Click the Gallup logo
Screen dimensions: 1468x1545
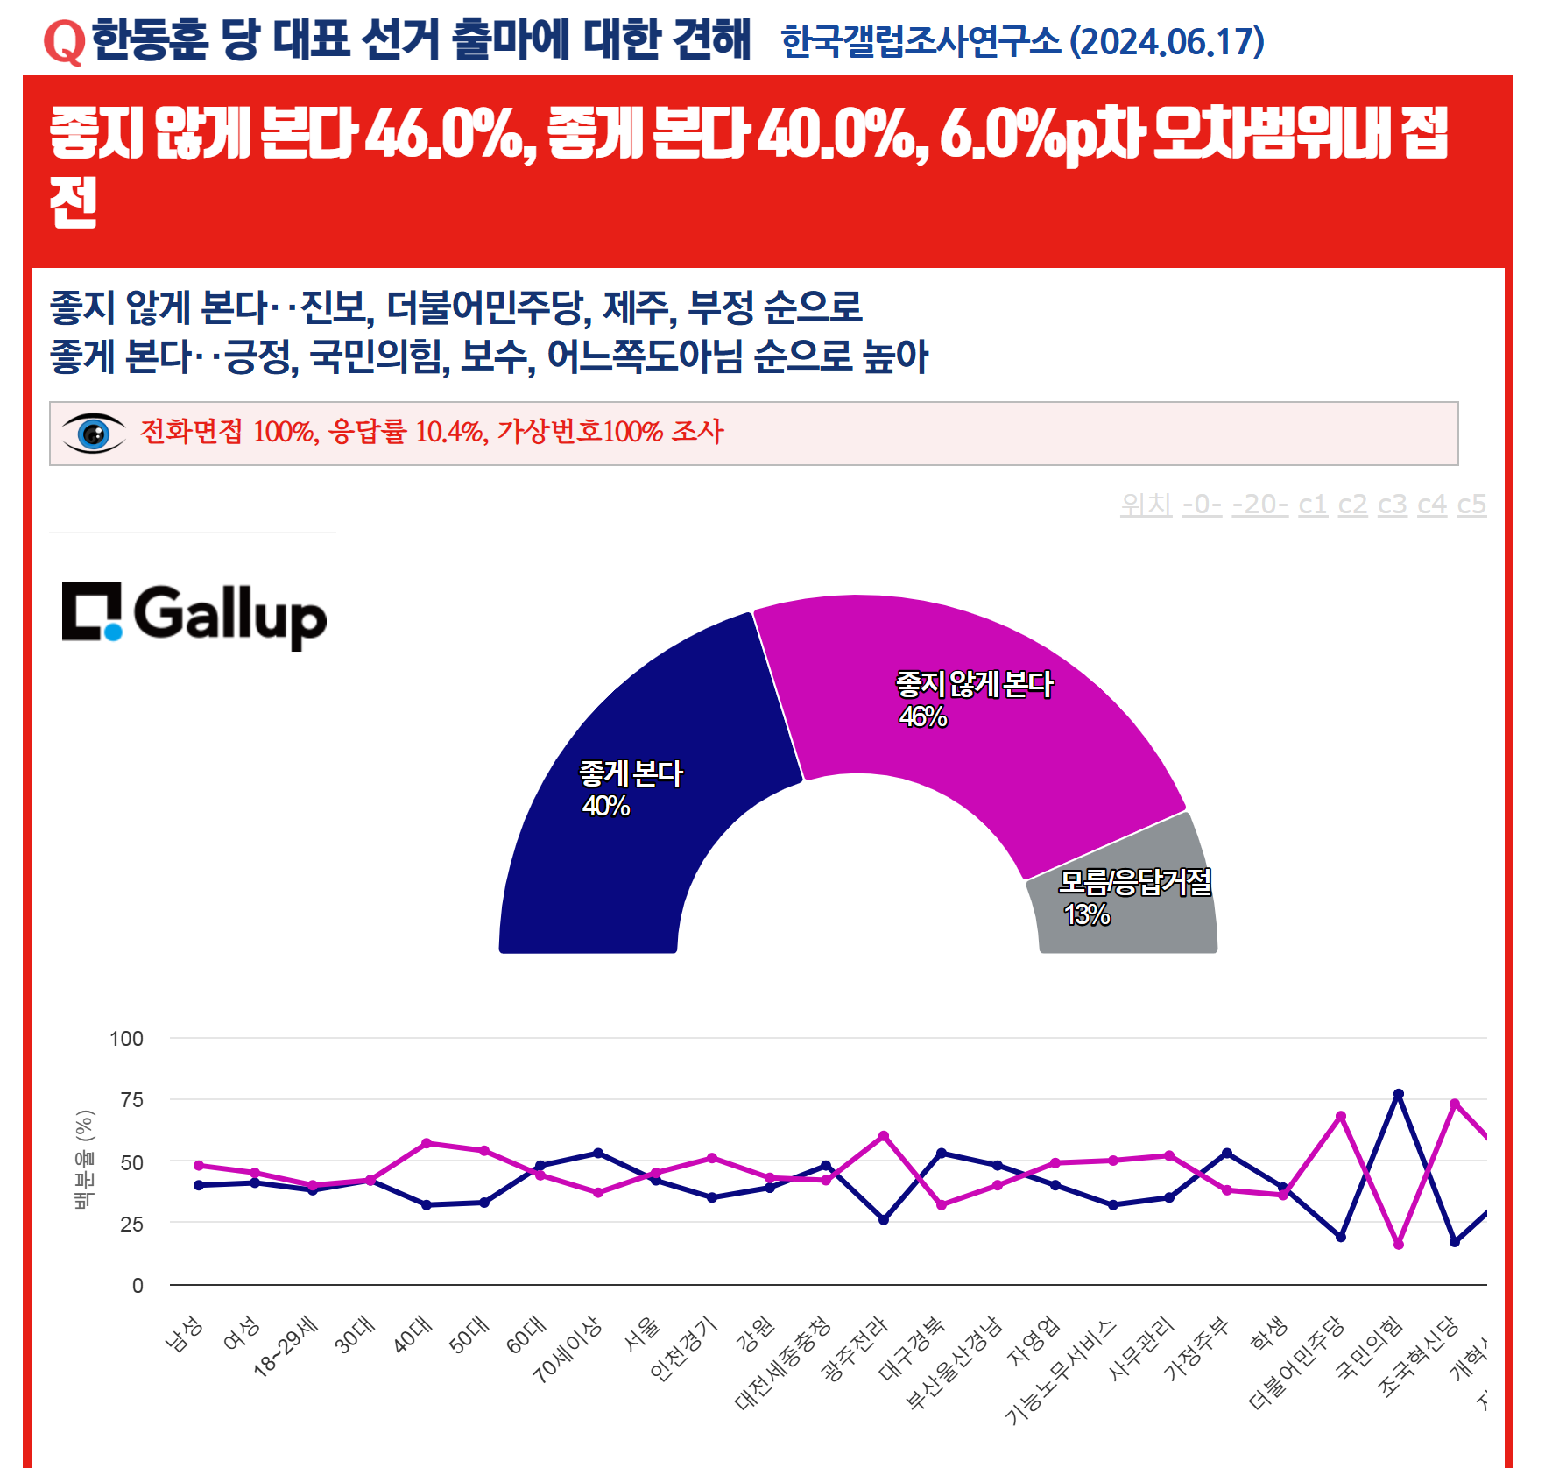click(194, 615)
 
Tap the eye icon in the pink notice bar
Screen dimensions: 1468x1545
click(94, 433)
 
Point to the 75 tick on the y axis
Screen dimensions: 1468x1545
click(131, 1100)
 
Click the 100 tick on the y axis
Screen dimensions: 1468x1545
click(126, 1039)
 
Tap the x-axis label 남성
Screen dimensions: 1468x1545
click(185, 1333)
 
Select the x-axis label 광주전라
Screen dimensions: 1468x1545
click(855, 1349)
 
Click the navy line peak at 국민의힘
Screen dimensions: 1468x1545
click(1398, 1094)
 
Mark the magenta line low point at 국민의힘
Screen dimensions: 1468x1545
click(1398, 1245)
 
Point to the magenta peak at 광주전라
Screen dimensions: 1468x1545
click(883, 1136)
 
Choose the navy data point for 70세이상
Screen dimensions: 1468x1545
click(597, 1153)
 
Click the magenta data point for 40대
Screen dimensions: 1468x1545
click(427, 1143)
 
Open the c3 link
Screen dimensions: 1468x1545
click(1392, 505)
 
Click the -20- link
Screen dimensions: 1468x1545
click(1259, 505)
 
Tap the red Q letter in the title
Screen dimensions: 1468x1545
click(64, 42)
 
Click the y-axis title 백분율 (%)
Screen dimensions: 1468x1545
click(84, 1160)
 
